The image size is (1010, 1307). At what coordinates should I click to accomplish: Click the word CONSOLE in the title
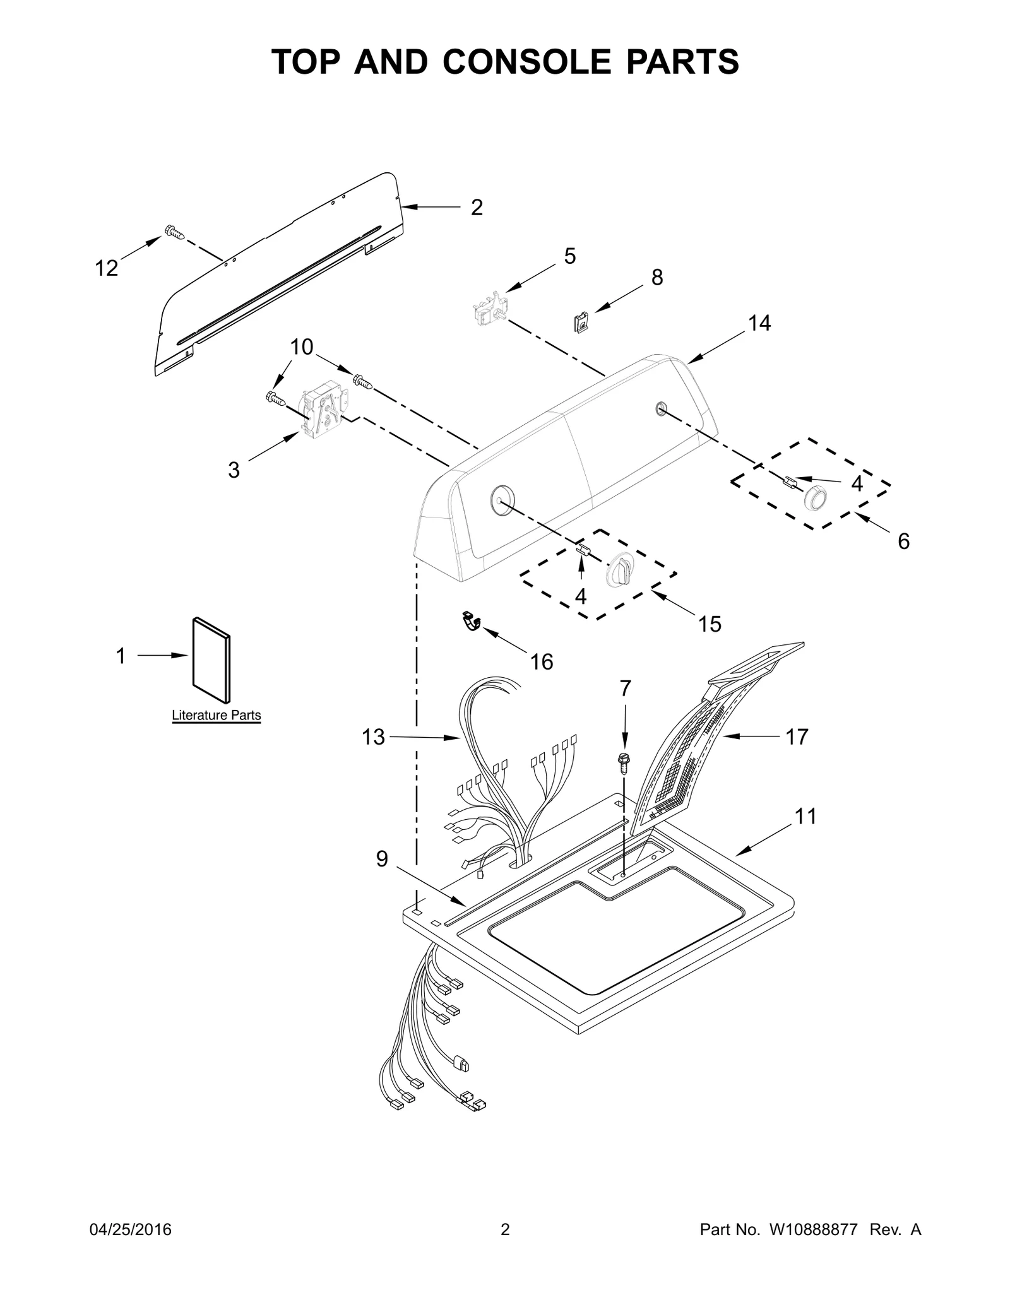526,62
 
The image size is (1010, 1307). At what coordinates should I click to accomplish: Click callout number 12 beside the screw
107,268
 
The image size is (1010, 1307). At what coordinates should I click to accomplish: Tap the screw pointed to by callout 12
175,233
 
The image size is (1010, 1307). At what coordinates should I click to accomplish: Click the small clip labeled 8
581,324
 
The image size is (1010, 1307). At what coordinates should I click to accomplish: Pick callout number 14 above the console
759,323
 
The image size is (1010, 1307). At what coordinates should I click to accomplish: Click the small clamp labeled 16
470,622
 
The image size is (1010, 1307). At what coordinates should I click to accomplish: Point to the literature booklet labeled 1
211,659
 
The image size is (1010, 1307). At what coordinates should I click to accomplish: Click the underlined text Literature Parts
217,716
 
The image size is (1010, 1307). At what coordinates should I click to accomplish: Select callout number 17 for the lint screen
797,736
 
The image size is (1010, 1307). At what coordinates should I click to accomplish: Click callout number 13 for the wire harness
373,736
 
